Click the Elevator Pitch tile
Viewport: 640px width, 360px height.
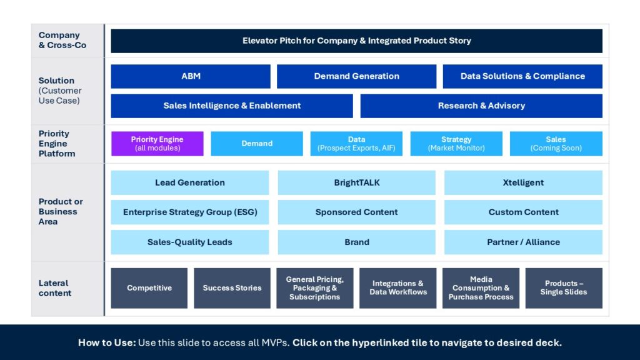[x=356, y=41]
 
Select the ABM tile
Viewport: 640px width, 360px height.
[x=191, y=76]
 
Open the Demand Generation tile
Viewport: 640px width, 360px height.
[x=356, y=76]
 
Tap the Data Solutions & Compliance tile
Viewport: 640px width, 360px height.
[x=522, y=76]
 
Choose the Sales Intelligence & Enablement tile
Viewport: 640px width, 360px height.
[x=232, y=106]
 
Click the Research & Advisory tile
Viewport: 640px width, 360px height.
[x=481, y=106]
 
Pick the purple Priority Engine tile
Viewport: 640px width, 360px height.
[x=157, y=144]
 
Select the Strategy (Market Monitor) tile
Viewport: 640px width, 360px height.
[x=456, y=144]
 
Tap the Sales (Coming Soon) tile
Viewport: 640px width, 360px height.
[x=556, y=144]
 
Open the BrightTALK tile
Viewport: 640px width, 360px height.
[x=356, y=182]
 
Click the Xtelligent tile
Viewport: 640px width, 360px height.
[x=523, y=182]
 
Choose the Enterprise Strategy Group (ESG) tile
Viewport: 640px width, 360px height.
[x=190, y=212]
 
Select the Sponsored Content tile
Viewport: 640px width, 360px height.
[x=356, y=212]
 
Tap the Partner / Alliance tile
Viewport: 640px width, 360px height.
[x=523, y=242]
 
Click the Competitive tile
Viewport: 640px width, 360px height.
[x=149, y=288]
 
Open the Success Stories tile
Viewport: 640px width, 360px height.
[x=232, y=288]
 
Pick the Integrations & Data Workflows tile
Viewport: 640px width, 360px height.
[x=398, y=288]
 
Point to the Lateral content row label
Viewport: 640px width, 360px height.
[x=54, y=288]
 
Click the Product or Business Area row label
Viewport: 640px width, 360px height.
[x=61, y=211]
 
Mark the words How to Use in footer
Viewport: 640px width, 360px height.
[x=105, y=342]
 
